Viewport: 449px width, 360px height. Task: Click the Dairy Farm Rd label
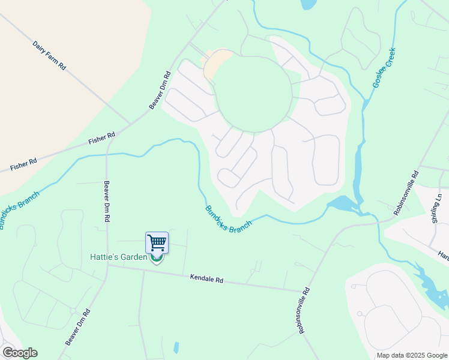click(49, 55)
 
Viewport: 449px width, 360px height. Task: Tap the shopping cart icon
click(157, 243)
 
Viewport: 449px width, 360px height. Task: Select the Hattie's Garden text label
click(118, 257)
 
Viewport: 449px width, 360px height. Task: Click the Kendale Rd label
click(206, 279)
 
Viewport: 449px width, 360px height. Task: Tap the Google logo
click(20, 353)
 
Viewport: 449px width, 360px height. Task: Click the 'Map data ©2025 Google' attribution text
click(411, 355)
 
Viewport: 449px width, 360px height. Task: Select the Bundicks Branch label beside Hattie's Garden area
click(229, 220)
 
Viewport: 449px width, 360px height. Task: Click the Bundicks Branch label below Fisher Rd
click(19, 210)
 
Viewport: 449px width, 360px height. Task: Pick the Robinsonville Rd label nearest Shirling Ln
click(406, 193)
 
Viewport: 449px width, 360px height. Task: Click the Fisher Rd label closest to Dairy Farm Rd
click(101, 139)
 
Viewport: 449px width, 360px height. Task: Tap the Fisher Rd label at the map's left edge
click(23, 164)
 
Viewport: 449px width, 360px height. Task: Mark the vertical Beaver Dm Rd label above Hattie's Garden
click(107, 202)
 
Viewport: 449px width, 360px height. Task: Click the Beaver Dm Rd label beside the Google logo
click(78, 326)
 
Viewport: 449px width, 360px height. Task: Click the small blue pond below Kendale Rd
click(175, 347)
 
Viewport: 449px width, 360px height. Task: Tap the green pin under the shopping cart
click(157, 260)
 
